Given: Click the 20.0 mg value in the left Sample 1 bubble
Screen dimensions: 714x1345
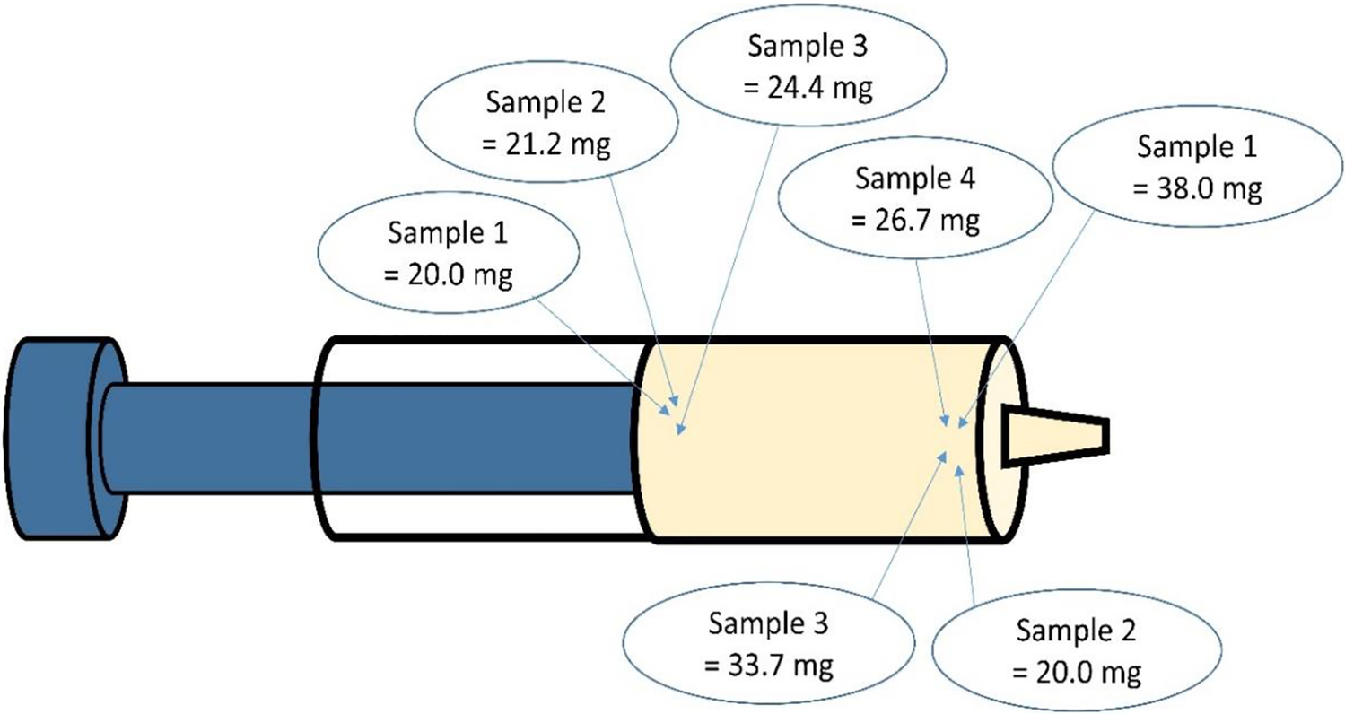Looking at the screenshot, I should click(448, 274).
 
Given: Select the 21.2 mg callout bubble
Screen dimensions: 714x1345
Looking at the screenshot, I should click(548, 126).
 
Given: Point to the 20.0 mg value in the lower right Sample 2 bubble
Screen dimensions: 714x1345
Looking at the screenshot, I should click(1077, 673).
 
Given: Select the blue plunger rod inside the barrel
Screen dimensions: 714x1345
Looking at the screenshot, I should click(476, 438).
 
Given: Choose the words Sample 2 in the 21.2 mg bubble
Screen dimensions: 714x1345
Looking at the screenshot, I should click(548, 102).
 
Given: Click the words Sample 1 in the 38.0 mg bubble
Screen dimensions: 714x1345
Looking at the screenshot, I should click(1198, 146).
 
